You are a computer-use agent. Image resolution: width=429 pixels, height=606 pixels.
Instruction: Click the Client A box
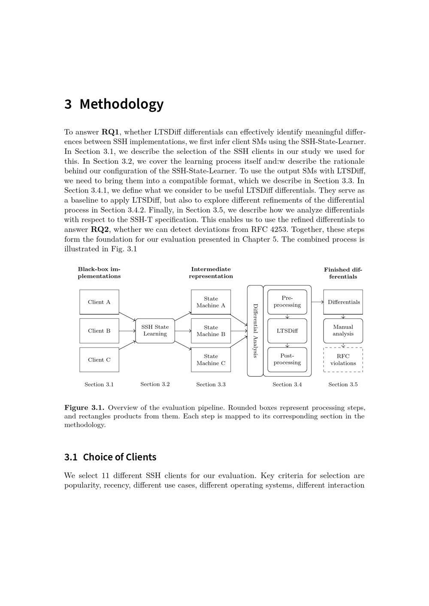click(x=99, y=302)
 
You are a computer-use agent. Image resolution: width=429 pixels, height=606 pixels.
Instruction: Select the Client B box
click(x=99, y=331)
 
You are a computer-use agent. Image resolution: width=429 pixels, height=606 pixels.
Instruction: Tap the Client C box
click(x=99, y=360)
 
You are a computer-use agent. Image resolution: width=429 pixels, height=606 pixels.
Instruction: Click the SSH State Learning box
click(x=155, y=330)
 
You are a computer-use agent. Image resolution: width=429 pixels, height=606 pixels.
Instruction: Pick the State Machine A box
click(x=211, y=302)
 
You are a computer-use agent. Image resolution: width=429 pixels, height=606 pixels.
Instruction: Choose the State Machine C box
click(x=211, y=360)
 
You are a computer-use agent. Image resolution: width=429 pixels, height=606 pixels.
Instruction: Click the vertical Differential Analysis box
click(x=255, y=331)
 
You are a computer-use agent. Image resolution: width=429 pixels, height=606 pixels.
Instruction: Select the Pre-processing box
click(x=287, y=302)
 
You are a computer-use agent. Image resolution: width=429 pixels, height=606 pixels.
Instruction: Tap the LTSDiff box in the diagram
click(x=287, y=331)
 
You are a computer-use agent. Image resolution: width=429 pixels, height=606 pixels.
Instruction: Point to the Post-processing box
click(x=287, y=359)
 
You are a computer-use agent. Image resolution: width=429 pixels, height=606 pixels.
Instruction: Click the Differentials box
click(x=343, y=302)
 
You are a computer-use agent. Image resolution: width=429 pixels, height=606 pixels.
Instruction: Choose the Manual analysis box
click(x=343, y=330)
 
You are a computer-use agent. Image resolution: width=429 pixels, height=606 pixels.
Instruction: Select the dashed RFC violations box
click(x=343, y=360)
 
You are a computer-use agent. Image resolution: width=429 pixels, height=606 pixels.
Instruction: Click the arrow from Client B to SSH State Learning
click(x=127, y=331)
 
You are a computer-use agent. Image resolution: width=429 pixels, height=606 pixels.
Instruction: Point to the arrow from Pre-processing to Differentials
click(x=317, y=302)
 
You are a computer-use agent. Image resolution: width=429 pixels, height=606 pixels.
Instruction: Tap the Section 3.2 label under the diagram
click(x=155, y=384)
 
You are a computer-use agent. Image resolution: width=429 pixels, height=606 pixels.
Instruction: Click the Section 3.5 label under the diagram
click(x=343, y=384)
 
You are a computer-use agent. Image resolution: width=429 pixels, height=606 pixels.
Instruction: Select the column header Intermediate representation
click(x=211, y=273)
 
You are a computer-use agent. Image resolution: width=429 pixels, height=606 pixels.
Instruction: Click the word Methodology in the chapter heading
click(x=121, y=104)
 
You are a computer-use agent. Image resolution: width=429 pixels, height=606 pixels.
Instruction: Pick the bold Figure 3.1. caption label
click(x=84, y=408)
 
